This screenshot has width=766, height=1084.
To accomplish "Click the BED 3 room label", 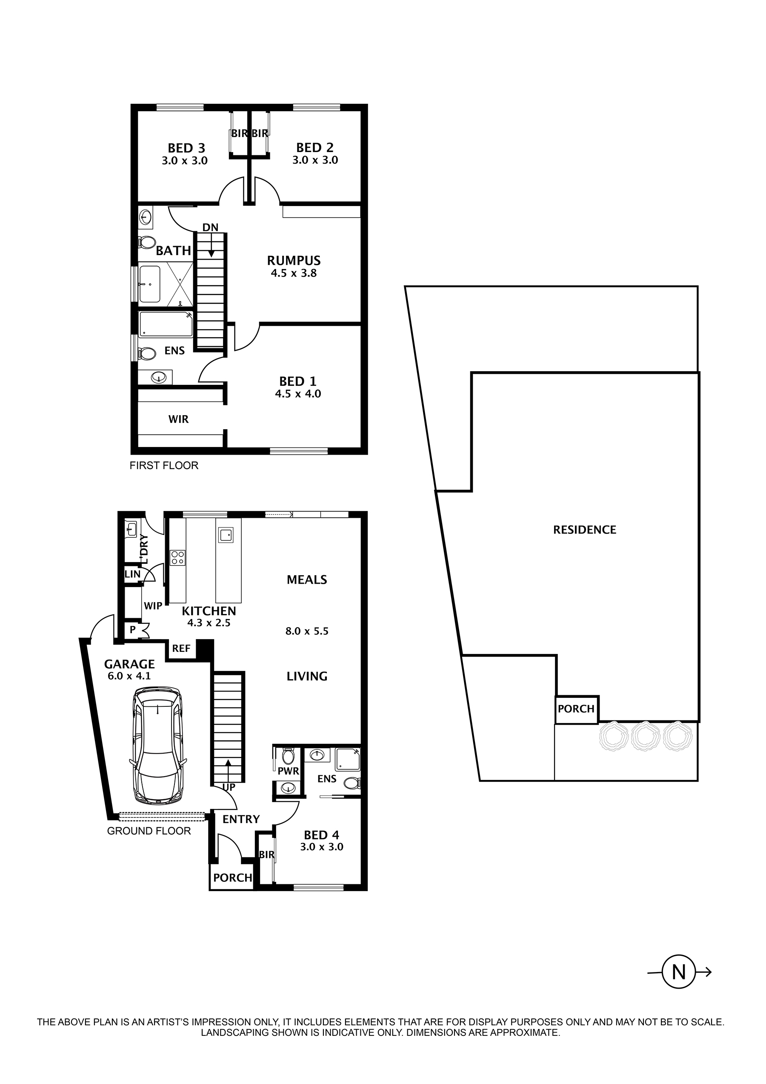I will (x=186, y=148).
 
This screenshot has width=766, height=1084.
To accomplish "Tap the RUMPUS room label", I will (x=294, y=261).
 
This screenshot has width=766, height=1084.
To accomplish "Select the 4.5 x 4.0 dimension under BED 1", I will (x=298, y=394).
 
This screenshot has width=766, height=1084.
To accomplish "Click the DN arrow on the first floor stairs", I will (x=211, y=246).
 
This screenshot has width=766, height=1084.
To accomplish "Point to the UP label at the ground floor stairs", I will (x=229, y=787).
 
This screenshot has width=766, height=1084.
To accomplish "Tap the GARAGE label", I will (x=129, y=664).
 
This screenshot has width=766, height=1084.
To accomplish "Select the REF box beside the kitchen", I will (x=181, y=649).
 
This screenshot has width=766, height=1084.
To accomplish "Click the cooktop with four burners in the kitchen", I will (x=177, y=558).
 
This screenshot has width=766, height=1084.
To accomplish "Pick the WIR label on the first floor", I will (x=178, y=419).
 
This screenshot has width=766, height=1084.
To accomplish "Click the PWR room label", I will (x=289, y=771).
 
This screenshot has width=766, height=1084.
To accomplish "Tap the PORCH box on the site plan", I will (x=576, y=709).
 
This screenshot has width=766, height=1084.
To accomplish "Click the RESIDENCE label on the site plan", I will (x=584, y=530).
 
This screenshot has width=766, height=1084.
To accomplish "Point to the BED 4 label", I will (x=321, y=835).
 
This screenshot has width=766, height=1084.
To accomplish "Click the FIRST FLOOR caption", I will (x=164, y=465).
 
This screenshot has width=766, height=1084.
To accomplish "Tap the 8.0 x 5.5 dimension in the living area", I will (x=307, y=631).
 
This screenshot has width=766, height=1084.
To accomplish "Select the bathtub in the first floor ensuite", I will (x=166, y=324).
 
